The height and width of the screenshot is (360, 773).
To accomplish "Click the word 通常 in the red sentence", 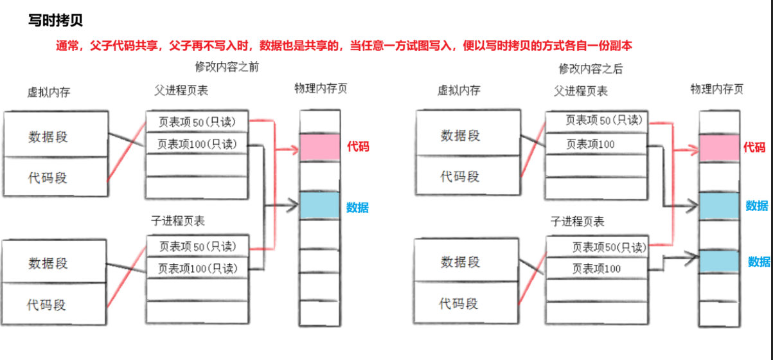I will point(67,46).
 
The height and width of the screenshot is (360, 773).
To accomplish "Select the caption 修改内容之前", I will point(226,67).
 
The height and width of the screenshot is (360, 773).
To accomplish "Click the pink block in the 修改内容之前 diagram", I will point(319,147).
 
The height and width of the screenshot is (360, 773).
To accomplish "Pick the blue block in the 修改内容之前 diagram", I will point(319,205).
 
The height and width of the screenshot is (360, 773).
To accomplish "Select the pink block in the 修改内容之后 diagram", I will point(719,148).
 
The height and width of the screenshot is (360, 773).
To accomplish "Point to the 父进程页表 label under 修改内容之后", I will point(580,91).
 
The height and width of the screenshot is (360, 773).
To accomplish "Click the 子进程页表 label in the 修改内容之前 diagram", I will point(178,221).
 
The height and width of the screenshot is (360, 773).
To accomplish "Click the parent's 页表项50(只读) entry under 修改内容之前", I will point(197,120).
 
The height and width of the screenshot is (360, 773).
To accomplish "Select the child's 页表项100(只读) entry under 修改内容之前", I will point(197,268).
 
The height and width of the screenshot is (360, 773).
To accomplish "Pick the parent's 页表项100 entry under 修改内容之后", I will point(591,144).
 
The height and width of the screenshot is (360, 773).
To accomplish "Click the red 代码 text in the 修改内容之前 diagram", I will point(358,147).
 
